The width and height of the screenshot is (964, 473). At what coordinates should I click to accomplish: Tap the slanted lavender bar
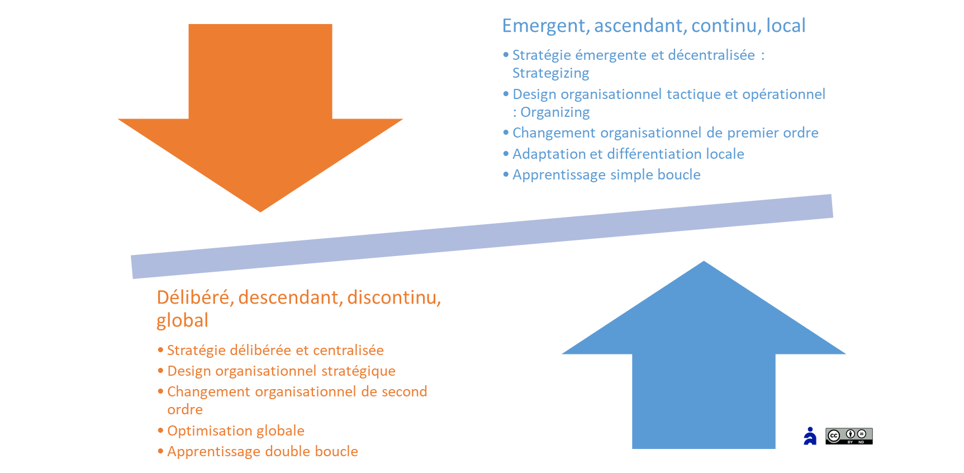point(482,236)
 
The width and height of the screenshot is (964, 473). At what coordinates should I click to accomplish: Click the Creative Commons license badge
point(849,436)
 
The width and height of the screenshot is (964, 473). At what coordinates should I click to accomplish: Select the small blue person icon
point(810,436)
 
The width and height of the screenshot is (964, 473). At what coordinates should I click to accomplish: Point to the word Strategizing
point(550,73)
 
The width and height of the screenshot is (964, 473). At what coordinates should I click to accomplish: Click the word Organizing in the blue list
point(555,112)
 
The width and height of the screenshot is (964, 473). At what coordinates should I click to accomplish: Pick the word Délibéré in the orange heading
point(194,297)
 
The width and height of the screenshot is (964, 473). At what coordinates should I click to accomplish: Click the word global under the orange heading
point(182,320)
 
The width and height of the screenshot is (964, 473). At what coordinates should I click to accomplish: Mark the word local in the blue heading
point(785,26)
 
